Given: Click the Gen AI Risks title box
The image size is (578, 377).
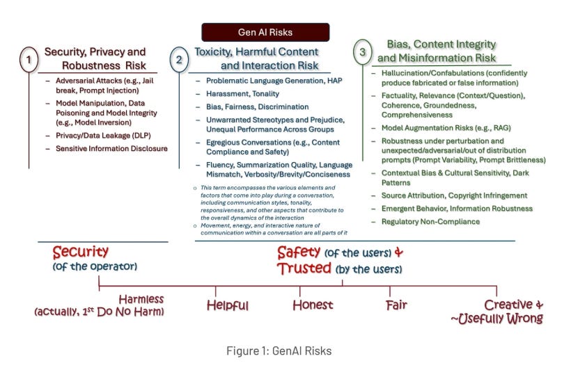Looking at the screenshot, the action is pos(265,33).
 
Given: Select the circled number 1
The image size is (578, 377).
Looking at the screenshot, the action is pos(29,61).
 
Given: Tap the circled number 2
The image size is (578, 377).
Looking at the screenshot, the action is pos(179,60).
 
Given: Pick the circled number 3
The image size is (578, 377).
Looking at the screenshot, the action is pos(362,52).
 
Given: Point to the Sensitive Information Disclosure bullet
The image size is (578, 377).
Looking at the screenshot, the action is pos(111,148).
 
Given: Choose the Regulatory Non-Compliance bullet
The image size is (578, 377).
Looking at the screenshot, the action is pos(430,221).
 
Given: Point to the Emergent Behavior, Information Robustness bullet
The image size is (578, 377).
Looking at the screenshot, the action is pos(456,209).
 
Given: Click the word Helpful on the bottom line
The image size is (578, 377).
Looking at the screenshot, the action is pos(228,305).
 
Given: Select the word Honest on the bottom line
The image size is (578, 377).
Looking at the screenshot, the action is pos(313,305).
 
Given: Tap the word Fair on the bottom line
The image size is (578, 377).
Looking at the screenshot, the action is pos(397,305).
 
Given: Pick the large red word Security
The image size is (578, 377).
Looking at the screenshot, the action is pos(80,252).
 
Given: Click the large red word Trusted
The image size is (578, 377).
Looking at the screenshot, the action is pos(304,268).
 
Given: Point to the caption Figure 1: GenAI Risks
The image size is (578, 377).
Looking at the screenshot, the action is pos(279,351).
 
